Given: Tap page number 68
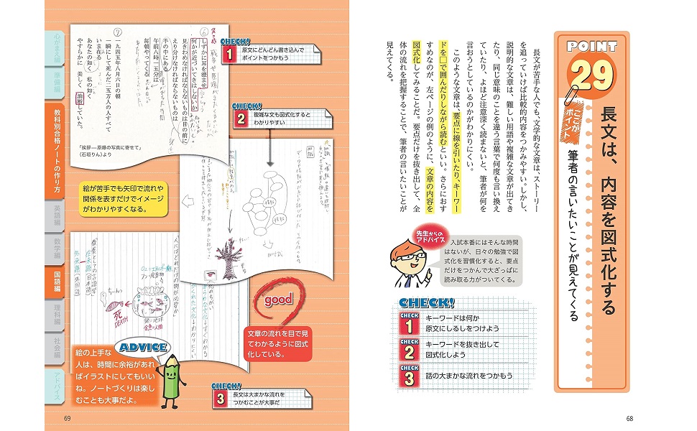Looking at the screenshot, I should click(x=629, y=419).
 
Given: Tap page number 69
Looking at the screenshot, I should click(x=68, y=419).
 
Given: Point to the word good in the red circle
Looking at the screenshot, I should click(x=278, y=300).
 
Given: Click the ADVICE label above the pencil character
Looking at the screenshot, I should click(x=144, y=348).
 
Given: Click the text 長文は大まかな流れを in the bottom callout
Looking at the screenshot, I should click(x=260, y=395).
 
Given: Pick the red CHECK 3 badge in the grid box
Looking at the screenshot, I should click(x=410, y=374).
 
